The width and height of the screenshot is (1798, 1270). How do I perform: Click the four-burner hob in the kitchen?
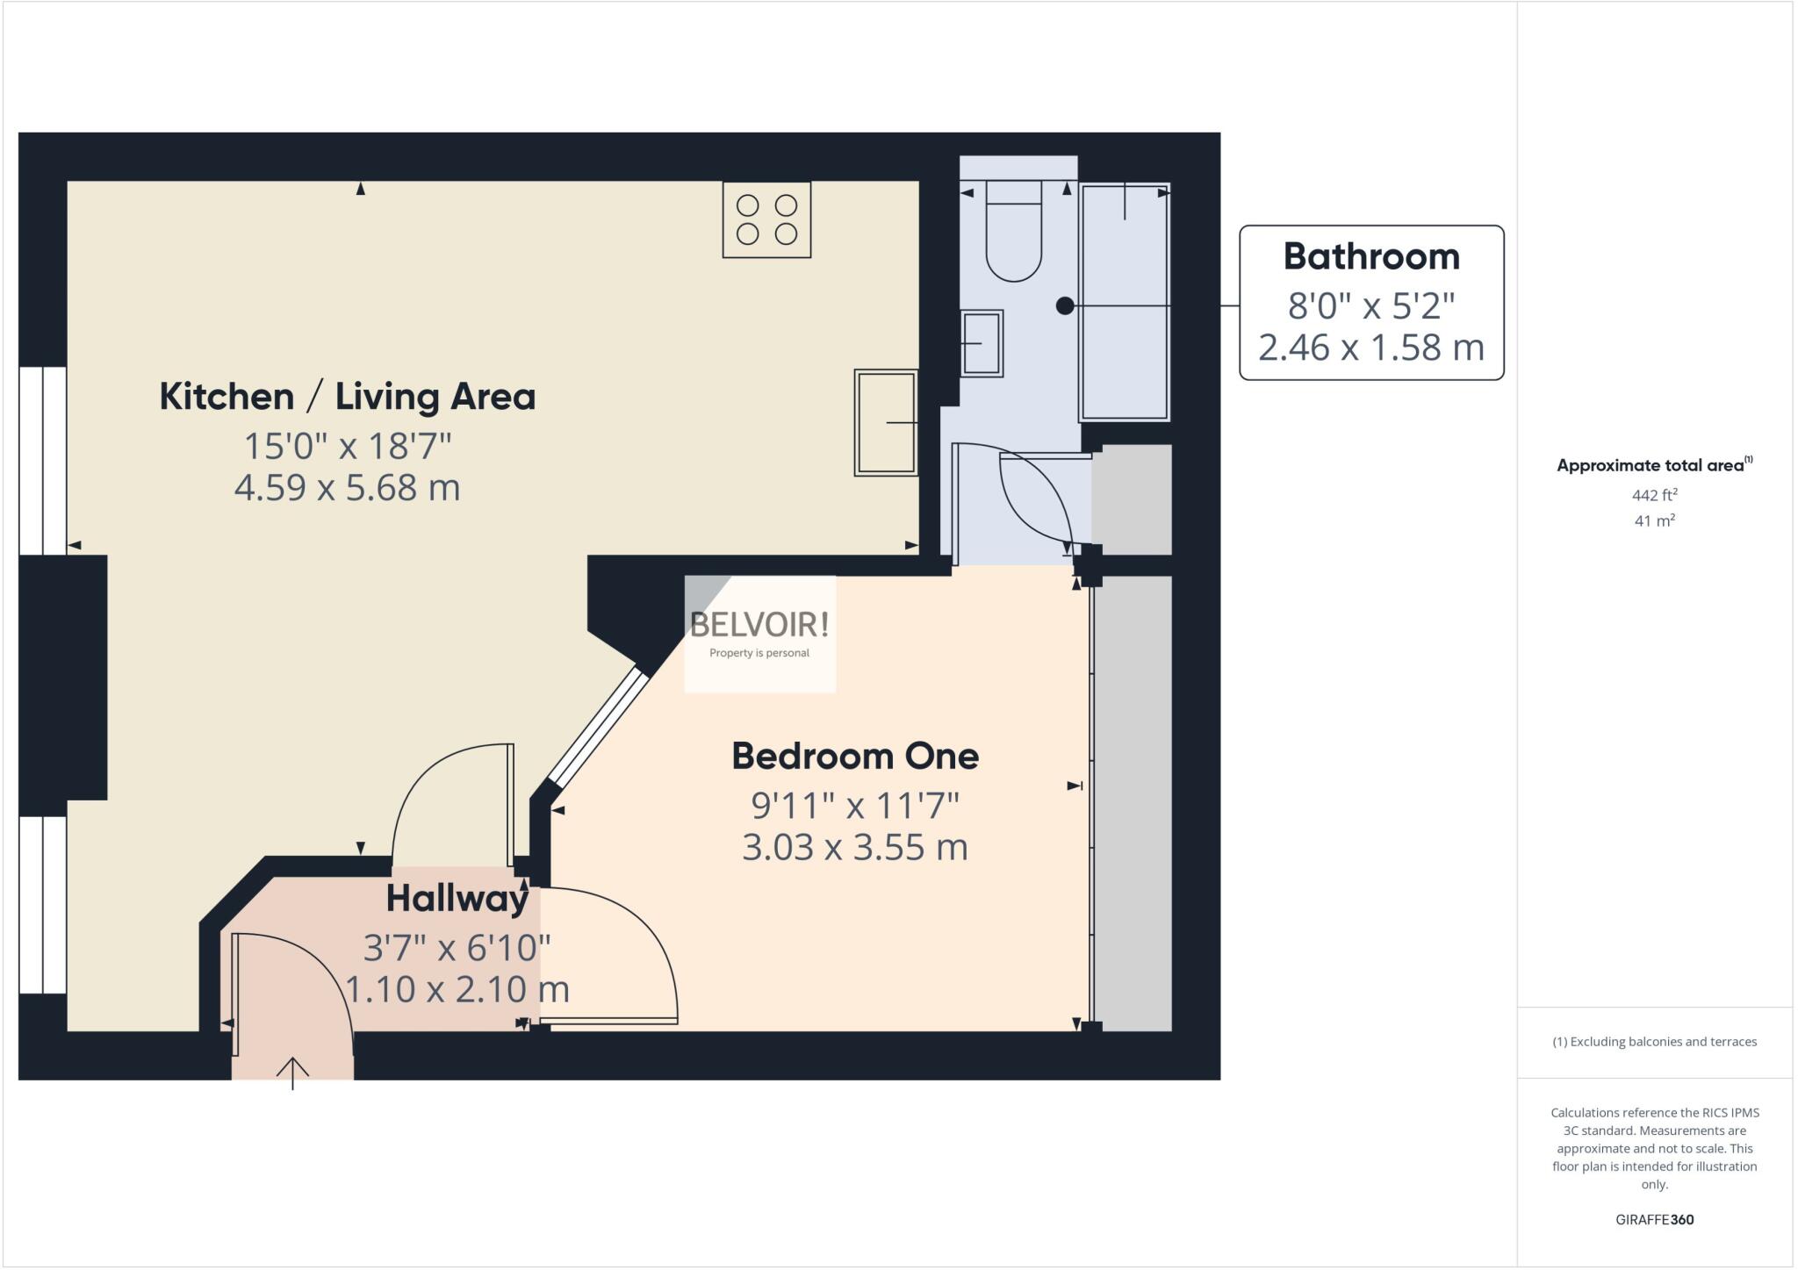pyautogui.click(x=766, y=219)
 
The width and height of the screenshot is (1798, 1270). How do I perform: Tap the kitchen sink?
pyautogui.click(x=886, y=422)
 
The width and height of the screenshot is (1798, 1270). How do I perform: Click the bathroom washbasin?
pyautogui.click(x=982, y=343)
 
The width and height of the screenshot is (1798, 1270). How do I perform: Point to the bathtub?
pyautogui.click(x=1125, y=302)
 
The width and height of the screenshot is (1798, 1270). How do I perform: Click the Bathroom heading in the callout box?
pyautogui.click(x=1371, y=256)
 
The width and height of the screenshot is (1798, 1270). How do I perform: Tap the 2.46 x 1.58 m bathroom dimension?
pyautogui.click(x=1371, y=348)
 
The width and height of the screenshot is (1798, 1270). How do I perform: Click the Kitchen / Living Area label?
pyautogui.click(x=347, y=397)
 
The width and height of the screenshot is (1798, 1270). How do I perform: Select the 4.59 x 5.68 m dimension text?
pyautogui.click(x=347, y=487)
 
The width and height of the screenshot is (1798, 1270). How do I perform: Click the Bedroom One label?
pyautogui.click(x=855, y=757)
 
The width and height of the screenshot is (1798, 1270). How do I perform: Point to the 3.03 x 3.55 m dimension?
pyautogui.click(x=855, y=847)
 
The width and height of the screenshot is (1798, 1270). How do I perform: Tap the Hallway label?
pyautogui.click(x=457, y=899)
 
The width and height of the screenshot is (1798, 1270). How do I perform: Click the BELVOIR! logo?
pyautogui.click(x=759, y=626)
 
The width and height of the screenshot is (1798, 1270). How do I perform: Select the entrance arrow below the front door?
pyautogui.click(x=292, y=1073)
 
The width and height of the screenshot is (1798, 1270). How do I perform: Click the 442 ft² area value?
pyautogui.click(x=1654, y=495)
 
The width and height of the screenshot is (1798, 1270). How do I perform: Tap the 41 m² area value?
pyautogui.click(x=1654, y=520)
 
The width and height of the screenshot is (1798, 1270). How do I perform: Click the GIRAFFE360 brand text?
pyautogui.click(x=1654, y=1219)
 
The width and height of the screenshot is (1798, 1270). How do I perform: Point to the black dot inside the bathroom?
pyautogui.click(x=1065, y=305)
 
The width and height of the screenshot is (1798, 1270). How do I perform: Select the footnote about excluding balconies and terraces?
pyautogui.click(x=1654, y=1042)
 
